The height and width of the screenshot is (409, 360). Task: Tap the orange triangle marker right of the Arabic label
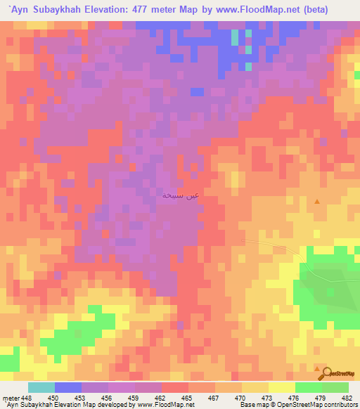coord(317,202)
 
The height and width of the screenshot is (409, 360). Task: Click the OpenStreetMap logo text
coord(341,373)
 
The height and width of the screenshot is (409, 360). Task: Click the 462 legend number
coord(161,398)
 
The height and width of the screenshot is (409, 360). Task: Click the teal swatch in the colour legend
coord(41,387)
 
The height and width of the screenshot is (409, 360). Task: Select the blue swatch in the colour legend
coord(68,387)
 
